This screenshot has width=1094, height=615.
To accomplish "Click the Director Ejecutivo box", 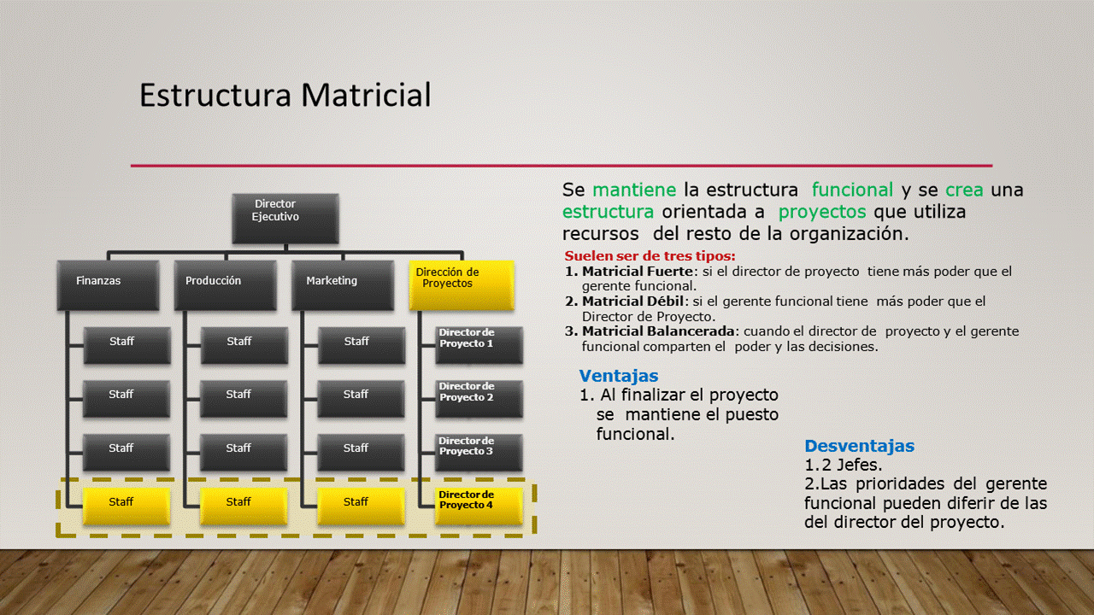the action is coord(285,218).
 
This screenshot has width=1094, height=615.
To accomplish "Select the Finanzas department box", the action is coord(108,285).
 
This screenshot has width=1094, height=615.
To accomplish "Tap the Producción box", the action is coord(226,285).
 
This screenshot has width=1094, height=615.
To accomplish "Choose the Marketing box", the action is coord(343,285).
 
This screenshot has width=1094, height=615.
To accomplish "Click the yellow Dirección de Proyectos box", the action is coord(462,285).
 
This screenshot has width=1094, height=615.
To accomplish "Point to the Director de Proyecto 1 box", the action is coord(479,345).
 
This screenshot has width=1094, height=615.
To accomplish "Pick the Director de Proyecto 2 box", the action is coord(479,399).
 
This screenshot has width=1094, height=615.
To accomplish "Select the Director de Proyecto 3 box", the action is coord(479,453).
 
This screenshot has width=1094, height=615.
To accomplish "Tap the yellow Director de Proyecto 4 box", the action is coord(479,507).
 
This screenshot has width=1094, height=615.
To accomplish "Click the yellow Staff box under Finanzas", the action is coord(127,507).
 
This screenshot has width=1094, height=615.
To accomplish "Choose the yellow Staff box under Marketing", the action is coord(362,507).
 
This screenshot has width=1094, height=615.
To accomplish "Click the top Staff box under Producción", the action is coord(244,345).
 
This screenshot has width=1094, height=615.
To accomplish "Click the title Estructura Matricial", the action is coord(285,95).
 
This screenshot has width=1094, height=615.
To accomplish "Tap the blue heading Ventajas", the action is coord(619,376).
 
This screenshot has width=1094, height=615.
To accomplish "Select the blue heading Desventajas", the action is coord(860,446).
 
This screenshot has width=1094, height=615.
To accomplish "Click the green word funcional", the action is coord(852,190).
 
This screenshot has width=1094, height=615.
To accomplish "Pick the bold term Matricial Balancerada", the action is coord(658,331).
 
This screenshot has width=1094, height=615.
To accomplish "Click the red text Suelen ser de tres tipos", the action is coord(650,255).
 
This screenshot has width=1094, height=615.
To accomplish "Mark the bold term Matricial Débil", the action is coord(632,302).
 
